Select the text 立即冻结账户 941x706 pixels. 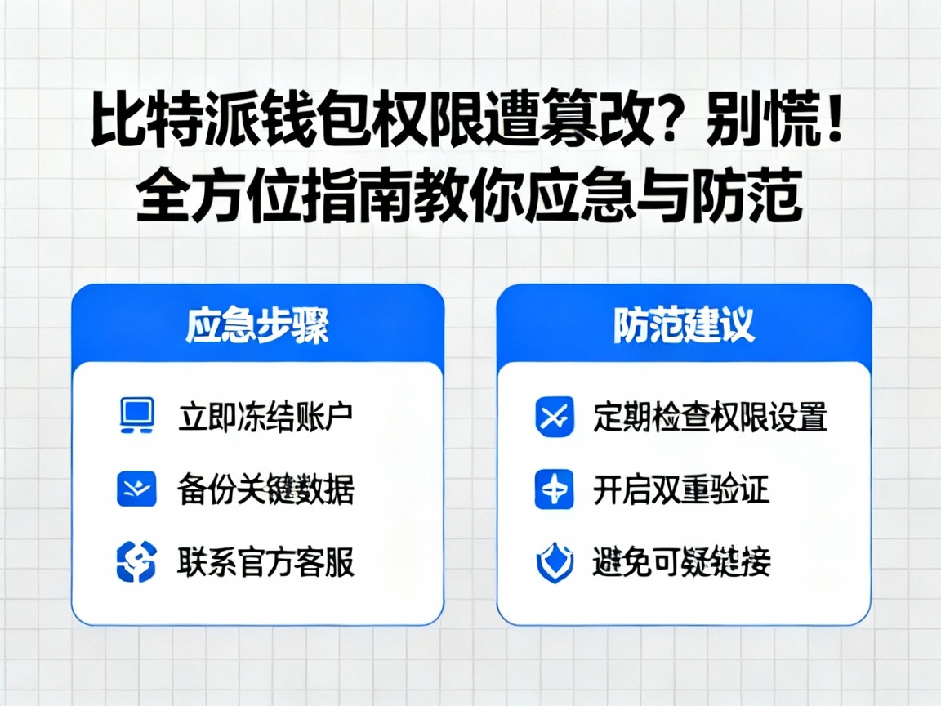pyautogui.click(x=265, y=417)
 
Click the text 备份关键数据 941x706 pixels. pyautogui.click(x=265, y=490)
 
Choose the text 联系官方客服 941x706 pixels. pyautogui.click(x=265, y=562)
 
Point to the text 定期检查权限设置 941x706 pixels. pyautogui.click(x=710, y=417)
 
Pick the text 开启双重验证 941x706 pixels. pyautogui.click(x=681, y=490)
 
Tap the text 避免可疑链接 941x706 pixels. pyautogui.click(x=681, y=563)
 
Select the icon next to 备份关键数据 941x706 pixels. pyautogui.click(x=136, y=489)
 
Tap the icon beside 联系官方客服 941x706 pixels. pyautogui.click(x=136, y=562)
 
